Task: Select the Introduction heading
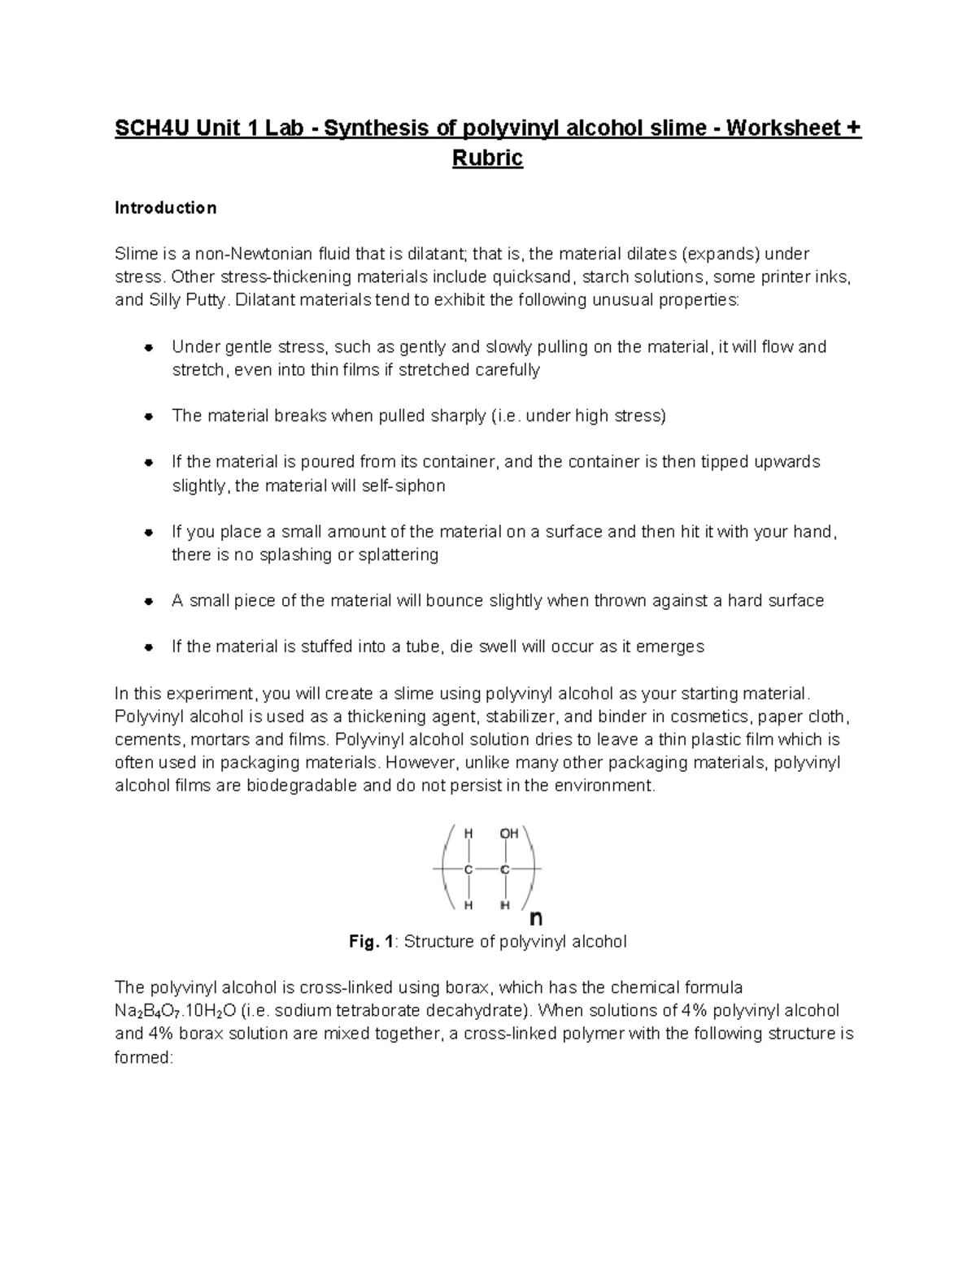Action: [165, 208]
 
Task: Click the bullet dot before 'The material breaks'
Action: [149, 416]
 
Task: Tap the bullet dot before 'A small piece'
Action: [149, 601]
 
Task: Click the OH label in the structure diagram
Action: [508, 834]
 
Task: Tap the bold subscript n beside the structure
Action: [536, 918]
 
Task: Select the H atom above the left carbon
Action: [468, 834]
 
